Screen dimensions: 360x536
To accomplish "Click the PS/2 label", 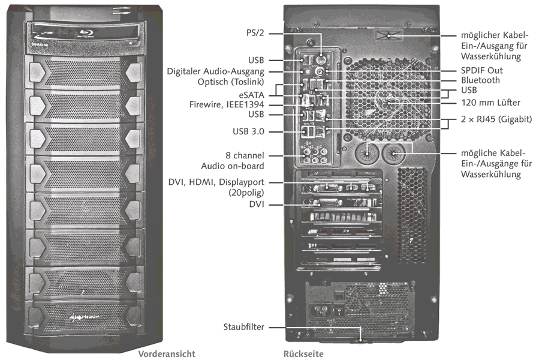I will pyautogui.click(x=255, y=34).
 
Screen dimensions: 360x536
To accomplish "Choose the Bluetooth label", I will pyautogui.click(x=480, y=80).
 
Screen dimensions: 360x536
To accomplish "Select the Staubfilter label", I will pyautogui.click(x=242, y=327).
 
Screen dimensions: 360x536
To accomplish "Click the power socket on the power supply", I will pyautogui.click(x=321, y=311).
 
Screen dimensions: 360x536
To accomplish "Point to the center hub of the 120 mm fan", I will pyautogui.click(x=390, y=101).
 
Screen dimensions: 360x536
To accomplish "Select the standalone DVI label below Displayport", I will pyautogui.click(x=256, y=205).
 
